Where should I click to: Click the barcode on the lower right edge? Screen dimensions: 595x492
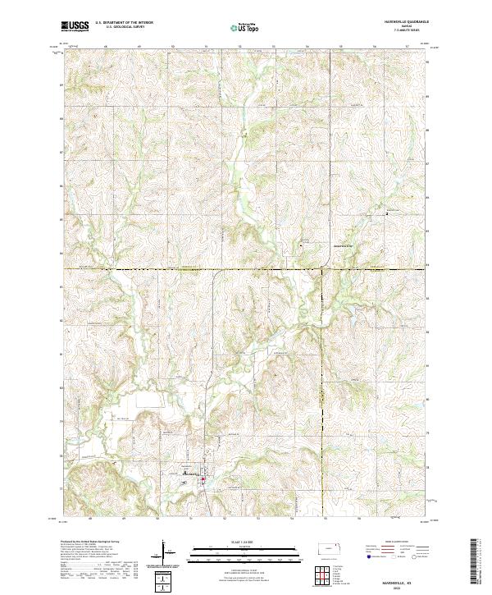click(x=475, y=565)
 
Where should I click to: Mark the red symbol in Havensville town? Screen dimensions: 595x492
click(x=203, y=469)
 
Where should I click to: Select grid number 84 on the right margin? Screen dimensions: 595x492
click(x=427, y=266)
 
